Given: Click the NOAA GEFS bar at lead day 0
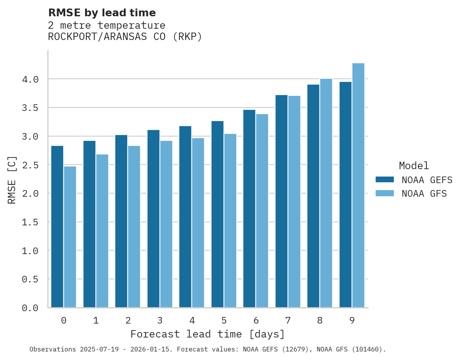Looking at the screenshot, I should coord(57,227).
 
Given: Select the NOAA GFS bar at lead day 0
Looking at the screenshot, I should coord(70,237).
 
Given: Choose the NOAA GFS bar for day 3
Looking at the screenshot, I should coord(166,224).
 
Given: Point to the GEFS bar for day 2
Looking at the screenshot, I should coord(121,221).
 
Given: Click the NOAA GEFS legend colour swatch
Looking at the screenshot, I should coord(385,180).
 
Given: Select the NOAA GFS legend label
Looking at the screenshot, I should coord(424,194).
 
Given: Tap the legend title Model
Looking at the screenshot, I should coord(414,166).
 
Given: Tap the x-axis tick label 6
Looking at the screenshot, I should coord(256,320).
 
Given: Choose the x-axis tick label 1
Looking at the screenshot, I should coord(96,320).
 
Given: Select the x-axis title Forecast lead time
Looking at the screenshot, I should coord(208,334).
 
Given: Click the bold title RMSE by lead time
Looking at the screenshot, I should coord(102,13).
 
